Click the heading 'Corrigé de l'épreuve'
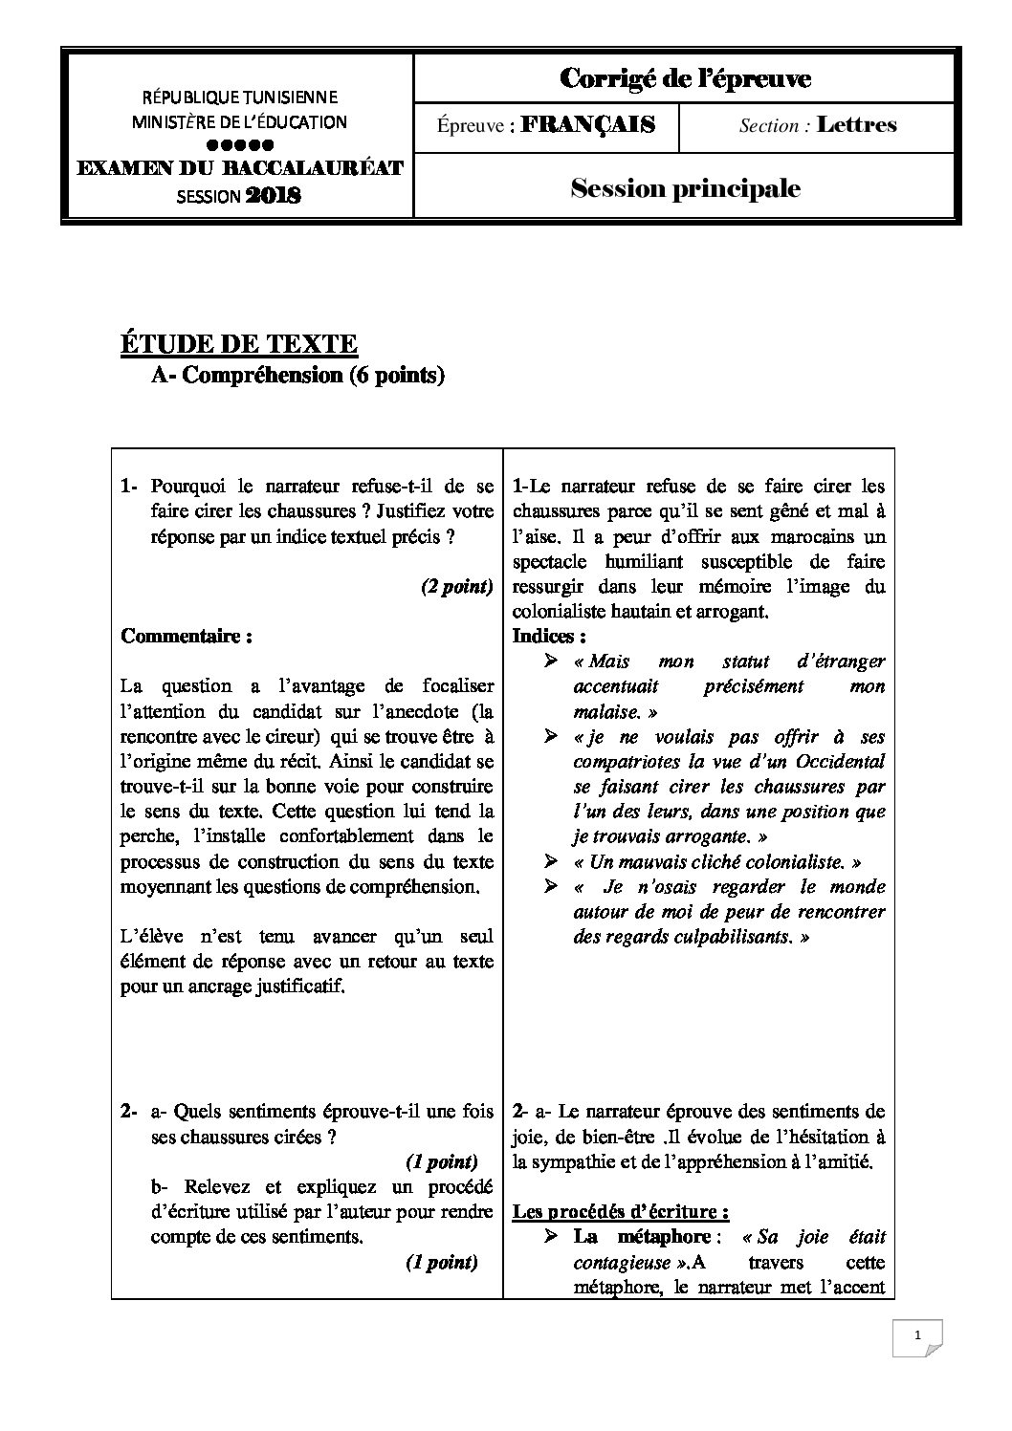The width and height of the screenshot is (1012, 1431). (684, 79)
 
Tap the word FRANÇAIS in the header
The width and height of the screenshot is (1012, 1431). (588, 125)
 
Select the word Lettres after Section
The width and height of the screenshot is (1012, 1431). (857, 125)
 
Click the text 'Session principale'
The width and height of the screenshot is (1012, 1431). (685, 188)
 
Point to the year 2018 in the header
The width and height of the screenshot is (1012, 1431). (274, 197)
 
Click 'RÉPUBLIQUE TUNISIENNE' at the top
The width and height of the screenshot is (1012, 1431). (239, 98)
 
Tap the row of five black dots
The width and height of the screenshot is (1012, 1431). (240, 145)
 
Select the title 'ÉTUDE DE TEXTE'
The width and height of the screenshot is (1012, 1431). (238, 344)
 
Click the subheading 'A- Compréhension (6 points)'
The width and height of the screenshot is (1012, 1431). (298, 376)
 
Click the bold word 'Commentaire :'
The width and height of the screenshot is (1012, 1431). (187, 637)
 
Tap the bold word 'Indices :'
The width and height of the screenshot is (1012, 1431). (549, 637)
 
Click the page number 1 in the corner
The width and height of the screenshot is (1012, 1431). (917, 1337)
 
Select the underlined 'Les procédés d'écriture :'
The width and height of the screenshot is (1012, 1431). (621, 1212)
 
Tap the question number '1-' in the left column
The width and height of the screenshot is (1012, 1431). (131, 488)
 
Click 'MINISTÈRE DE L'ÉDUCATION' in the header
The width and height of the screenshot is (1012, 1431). (239, 122)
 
